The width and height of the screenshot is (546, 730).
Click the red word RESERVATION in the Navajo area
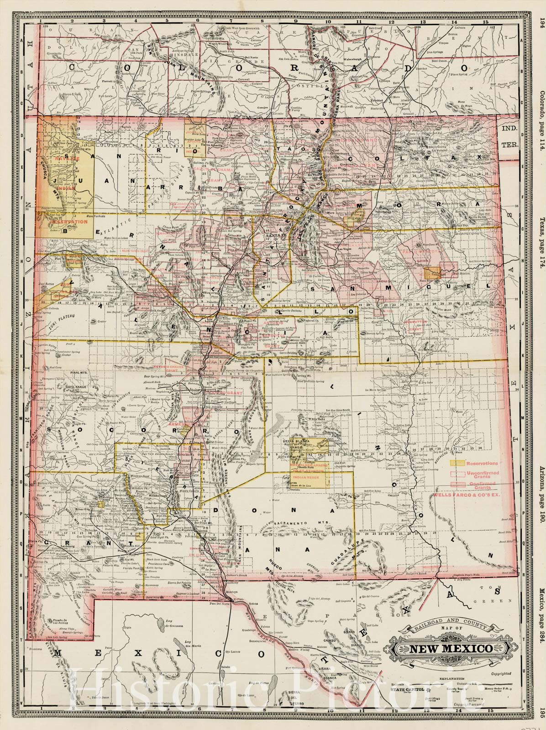point(67,221)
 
